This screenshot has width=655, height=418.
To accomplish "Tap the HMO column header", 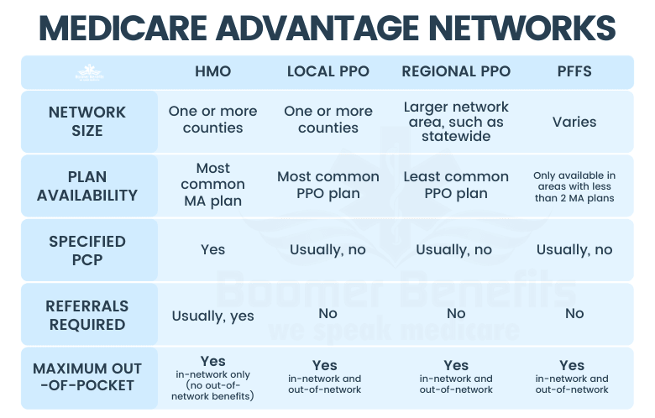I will pos(212,71).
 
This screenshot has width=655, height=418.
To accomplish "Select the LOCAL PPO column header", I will pos(327,71).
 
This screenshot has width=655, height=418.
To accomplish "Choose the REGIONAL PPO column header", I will pos(456,71).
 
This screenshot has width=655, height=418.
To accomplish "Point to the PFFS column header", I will pos(574,71).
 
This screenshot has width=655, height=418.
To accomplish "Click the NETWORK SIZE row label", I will pos(87,121).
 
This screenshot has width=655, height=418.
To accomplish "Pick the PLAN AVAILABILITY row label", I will pos(87,185).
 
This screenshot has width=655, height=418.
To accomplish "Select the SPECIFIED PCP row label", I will pos(87,250).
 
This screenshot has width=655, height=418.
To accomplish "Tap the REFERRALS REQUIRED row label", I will pos(87,315).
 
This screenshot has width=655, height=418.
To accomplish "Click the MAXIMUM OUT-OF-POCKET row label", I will pos(87,379).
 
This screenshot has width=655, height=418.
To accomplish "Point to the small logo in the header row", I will pos(90,72).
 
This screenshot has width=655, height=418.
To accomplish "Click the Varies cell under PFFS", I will pos(574,122).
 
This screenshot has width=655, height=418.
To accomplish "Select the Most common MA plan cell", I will pos(212,185).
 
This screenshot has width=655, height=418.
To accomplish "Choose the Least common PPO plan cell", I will pos(456,185).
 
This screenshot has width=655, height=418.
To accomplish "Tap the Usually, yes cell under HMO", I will pos(212,316).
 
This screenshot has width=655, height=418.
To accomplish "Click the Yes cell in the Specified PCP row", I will pos(212,250).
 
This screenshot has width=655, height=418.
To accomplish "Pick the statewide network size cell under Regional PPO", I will pos(456,122).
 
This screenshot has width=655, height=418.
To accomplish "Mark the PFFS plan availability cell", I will pos(574,186).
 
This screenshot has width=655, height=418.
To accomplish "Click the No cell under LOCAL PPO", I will pos(327,314).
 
